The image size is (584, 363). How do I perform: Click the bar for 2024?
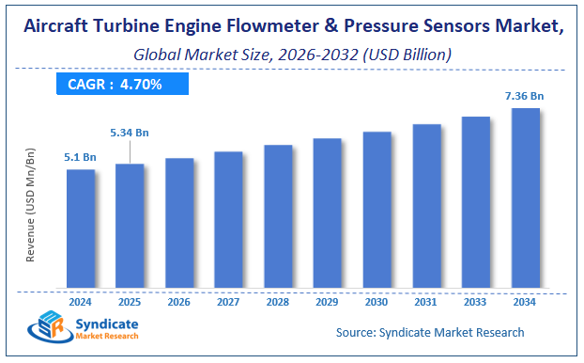(81, 229)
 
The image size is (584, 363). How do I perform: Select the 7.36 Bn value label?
(525, 95)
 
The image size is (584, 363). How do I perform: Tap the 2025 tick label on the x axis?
(130, 301)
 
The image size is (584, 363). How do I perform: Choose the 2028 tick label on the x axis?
(278, 301)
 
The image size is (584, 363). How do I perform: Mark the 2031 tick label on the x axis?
(426, 301)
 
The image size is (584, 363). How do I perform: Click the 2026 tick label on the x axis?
(179, 301)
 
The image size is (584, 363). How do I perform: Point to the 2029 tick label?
(328, 301)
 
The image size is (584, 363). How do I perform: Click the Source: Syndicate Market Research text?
(430, 332)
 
